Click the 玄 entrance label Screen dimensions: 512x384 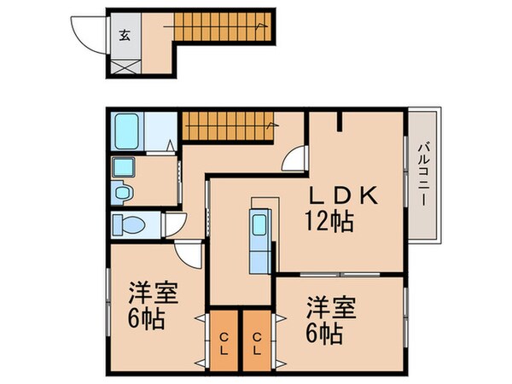125,35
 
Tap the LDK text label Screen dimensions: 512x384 343,195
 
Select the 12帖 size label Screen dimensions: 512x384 329,221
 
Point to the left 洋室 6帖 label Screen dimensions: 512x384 153,305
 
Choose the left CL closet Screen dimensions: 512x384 224,340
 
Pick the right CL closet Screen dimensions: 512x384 257,340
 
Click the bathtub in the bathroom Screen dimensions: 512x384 126,131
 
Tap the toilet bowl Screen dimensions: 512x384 130,224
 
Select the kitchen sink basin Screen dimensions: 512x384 259,224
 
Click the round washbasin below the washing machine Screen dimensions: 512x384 122,192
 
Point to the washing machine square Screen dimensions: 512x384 123,167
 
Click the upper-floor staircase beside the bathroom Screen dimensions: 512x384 228,126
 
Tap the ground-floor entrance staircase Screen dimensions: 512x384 223,26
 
